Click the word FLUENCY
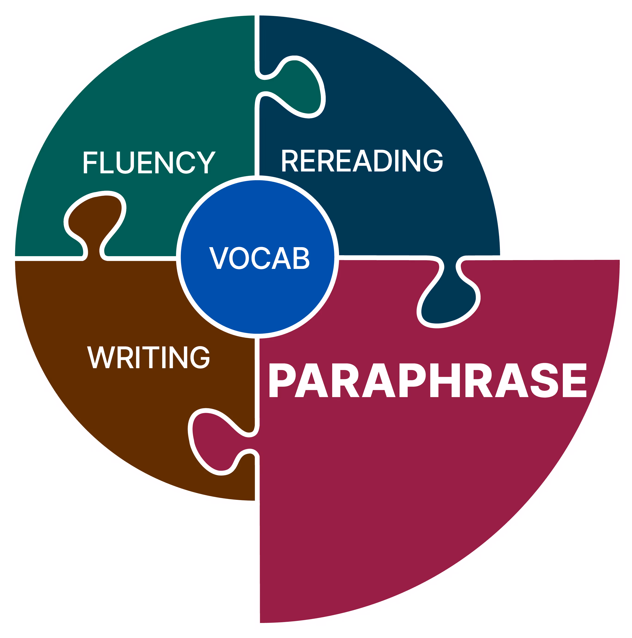tap(149, 162)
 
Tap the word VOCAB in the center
tap(259, 258)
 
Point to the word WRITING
tap(148, 357)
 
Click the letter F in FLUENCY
tap(90, 162)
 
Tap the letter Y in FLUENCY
tap(206, 162)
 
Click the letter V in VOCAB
tap(219, 258)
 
